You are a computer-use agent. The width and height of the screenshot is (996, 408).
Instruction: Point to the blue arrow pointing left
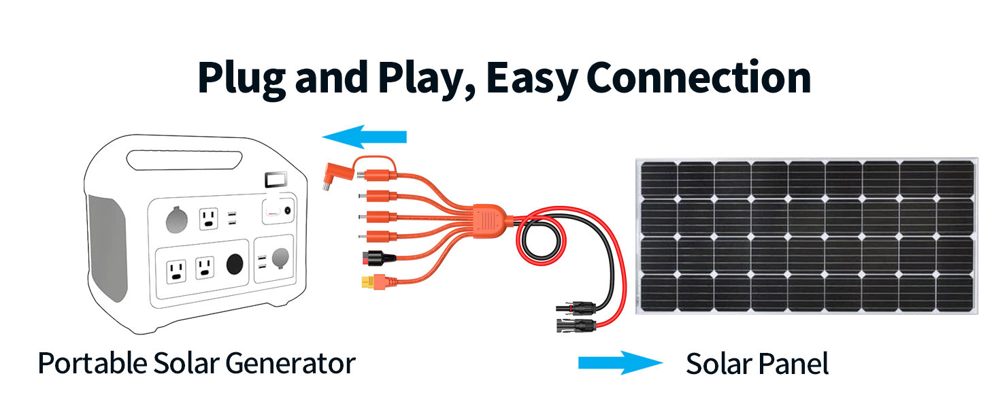(364, 138)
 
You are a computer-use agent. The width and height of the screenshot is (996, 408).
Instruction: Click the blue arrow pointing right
(620, 363)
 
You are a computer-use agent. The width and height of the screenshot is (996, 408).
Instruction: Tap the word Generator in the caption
(290, 363)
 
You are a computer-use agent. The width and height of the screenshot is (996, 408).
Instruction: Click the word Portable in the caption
(91, 363)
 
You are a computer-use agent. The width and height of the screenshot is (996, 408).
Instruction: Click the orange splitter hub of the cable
(488, 221)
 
